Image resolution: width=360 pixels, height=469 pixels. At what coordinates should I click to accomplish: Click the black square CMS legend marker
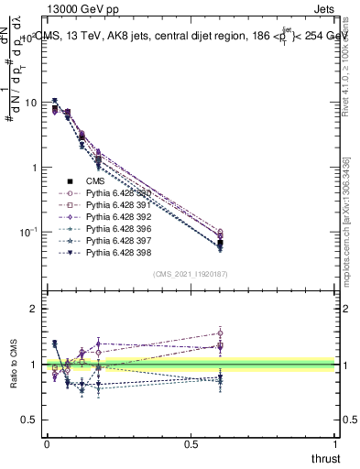pyautogui.click(x=70, y=181)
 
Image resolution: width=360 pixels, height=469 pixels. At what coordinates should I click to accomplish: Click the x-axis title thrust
pyautogui.click(x=325, y=458)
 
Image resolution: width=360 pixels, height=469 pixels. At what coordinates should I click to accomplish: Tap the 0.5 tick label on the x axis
pyautogui.click(x=191, y=443)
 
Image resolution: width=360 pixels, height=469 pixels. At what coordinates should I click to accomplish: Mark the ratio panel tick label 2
pyautogui.click(x=36, y=309)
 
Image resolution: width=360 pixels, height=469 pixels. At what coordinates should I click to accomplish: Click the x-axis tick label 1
pyautogui.click(x=336, y=443)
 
